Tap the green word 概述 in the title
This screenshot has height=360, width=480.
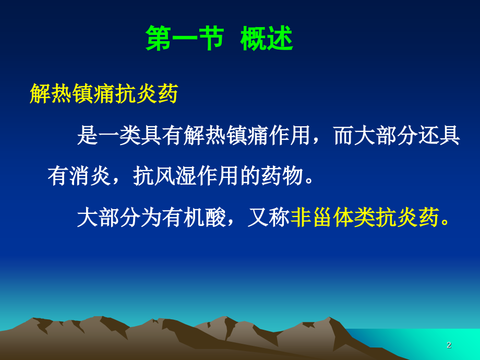[267, 40]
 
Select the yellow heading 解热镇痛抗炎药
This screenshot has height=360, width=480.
[104, 94]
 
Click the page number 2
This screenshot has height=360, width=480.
[449, 345]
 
